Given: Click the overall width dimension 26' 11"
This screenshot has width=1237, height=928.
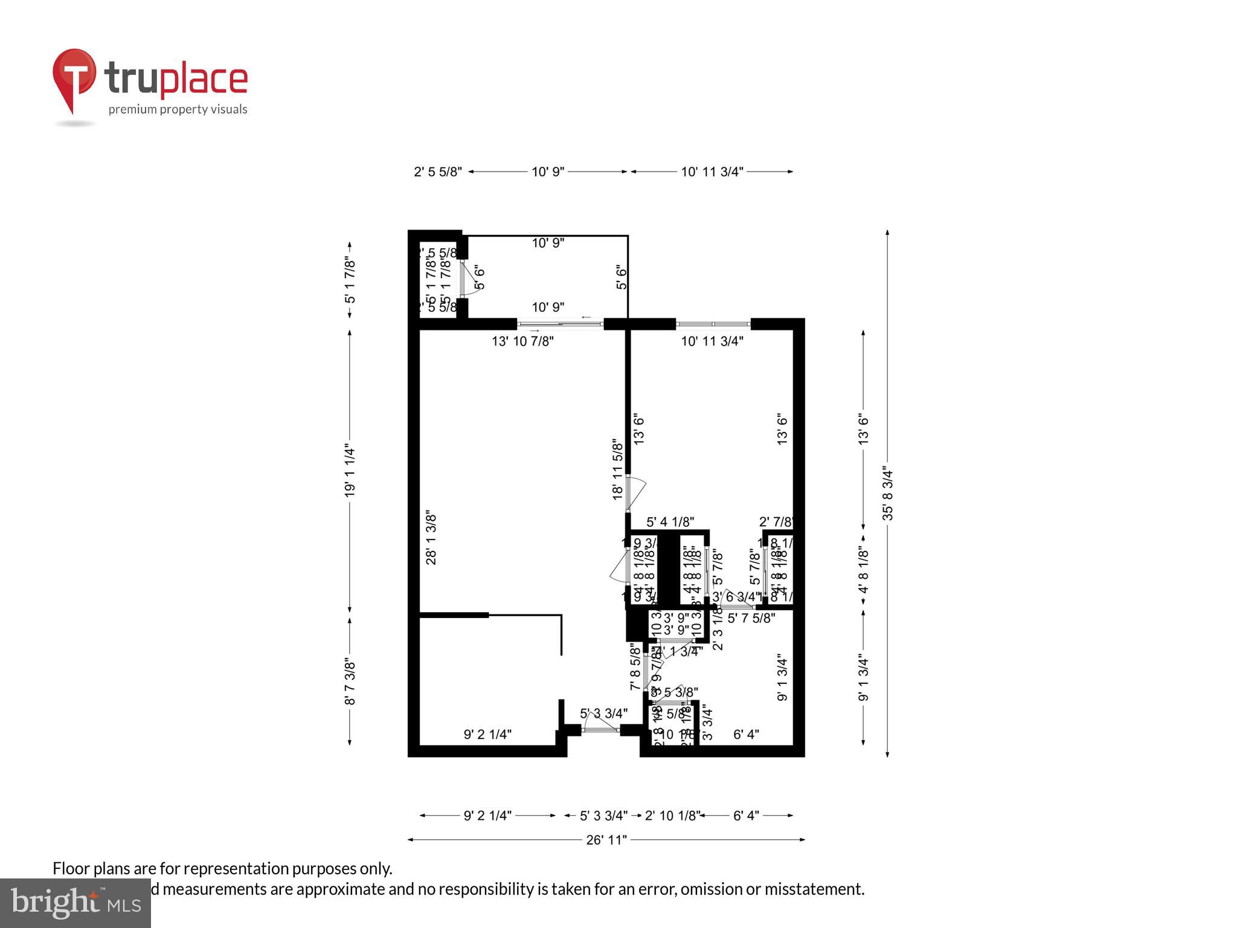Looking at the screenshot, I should [606, 840].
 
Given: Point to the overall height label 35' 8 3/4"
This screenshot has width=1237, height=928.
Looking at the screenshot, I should [887, 492].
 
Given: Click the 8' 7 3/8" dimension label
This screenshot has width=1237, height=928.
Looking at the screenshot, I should [350, 681].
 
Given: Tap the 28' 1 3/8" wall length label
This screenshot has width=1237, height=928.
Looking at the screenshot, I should [431, 538].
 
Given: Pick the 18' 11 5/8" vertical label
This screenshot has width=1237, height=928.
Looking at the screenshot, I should [617, 469].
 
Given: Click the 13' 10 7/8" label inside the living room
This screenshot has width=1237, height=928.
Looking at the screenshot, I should [522, 341].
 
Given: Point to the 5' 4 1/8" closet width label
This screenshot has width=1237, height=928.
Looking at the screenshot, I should [670, 522].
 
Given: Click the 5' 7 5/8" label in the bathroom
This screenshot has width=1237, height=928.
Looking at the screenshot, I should [751, 618].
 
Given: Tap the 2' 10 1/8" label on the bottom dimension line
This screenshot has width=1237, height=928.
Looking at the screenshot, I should [672, 816].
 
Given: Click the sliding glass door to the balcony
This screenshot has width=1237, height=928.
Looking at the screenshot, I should [561, 324].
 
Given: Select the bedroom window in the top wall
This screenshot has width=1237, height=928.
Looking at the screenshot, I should [713, 324].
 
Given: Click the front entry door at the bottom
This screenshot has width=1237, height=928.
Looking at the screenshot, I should [600, 730].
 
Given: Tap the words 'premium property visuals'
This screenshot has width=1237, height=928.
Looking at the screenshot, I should [178, 109].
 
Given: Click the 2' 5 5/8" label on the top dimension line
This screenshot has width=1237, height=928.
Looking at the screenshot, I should [437, 172].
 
